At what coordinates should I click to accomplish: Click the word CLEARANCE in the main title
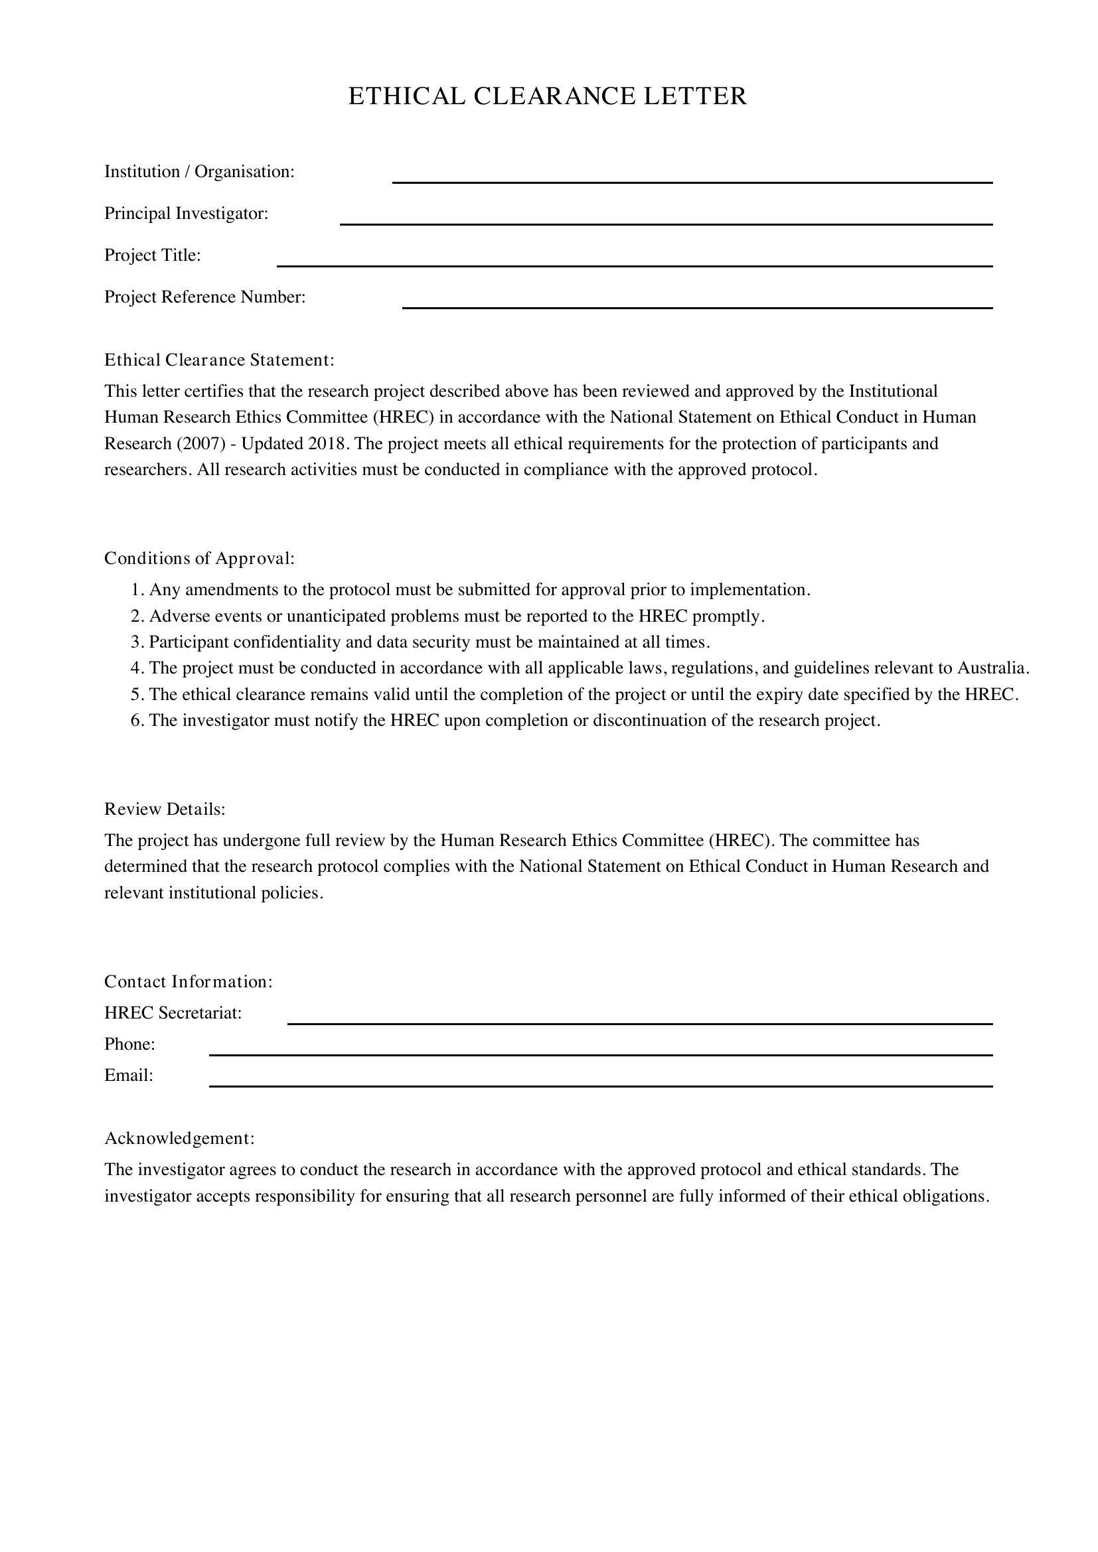[554, 96]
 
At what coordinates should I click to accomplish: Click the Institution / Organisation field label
[198, 172]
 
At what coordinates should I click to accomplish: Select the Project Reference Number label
[204, 297]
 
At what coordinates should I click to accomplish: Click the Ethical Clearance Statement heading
[219, 360]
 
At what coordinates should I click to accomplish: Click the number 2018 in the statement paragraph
[327, 444]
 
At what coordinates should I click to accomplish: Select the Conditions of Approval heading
[198, 558]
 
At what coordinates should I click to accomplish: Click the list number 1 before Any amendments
[136, 590]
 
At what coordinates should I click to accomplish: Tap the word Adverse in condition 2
[176, 616]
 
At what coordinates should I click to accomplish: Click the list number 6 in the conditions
[136, 721]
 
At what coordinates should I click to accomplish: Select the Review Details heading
[164, 809]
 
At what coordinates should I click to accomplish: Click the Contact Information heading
[188, 981]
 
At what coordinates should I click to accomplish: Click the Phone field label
[129, 1044]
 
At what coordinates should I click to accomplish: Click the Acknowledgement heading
[179, 1139]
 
